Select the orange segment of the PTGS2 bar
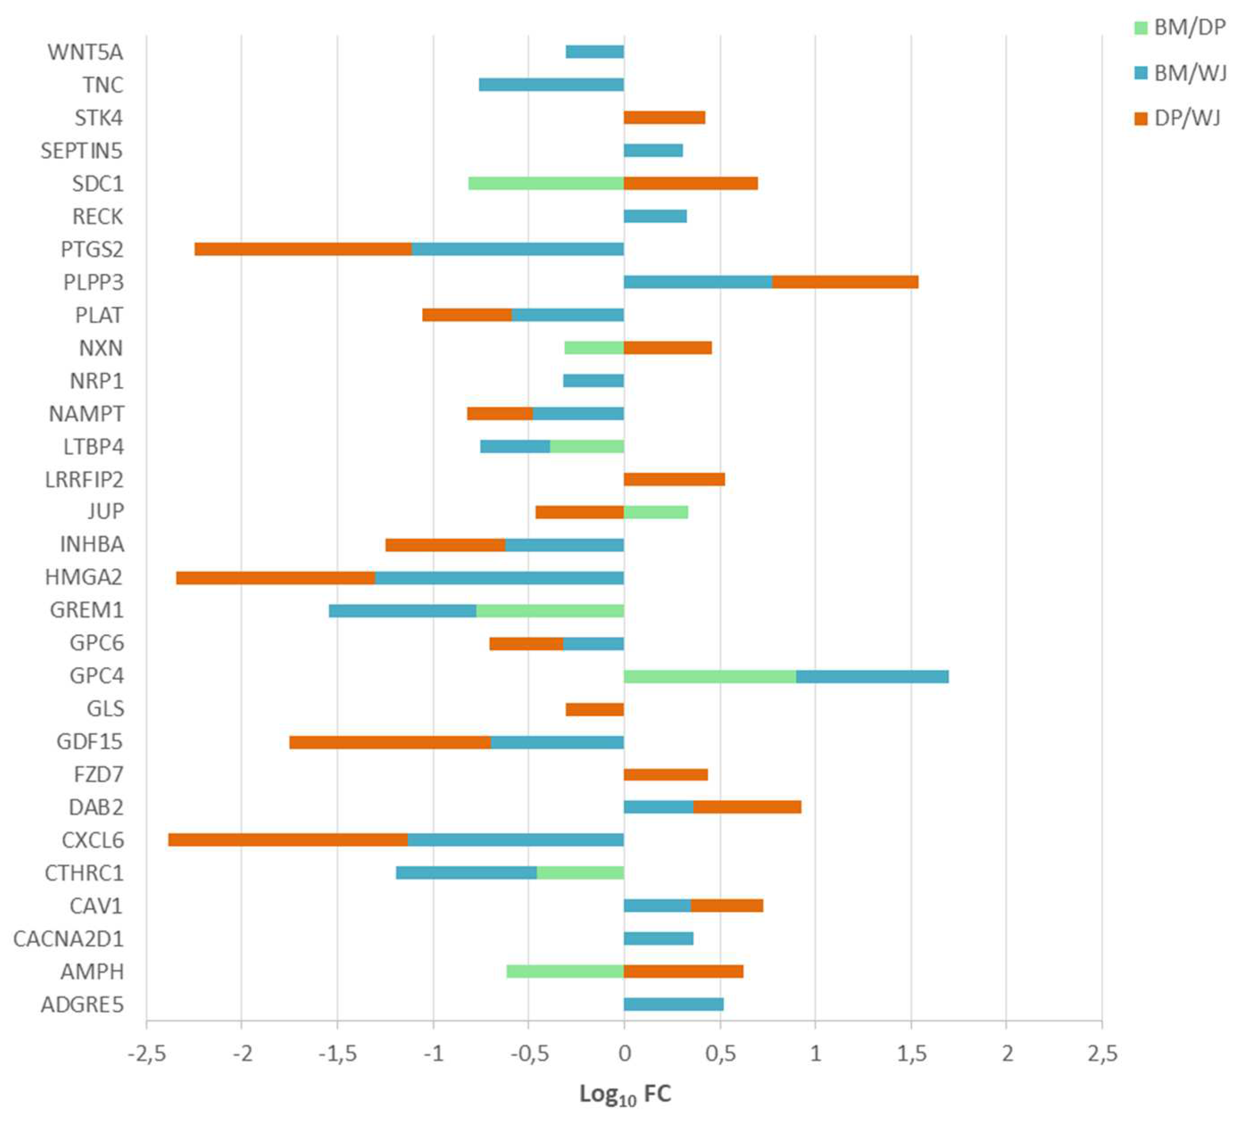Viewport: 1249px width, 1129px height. (303, 249)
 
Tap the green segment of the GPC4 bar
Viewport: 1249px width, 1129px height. (710, 676)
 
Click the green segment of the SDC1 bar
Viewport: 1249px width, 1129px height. (546, 183)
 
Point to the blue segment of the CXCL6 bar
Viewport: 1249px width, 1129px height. (515, 840)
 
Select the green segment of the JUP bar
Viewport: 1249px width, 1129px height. (656, 512)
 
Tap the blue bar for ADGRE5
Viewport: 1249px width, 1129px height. (673, 1004)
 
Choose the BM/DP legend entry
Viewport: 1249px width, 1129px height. (1180, 28)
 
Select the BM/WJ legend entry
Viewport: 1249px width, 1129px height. (1180, 73)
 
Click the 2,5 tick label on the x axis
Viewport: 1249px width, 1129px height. (1102, 1053)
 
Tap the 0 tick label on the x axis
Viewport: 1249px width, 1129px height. (625, 1053)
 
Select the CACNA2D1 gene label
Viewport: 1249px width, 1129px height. (68, 939)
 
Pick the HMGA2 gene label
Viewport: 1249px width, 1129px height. (83, 577)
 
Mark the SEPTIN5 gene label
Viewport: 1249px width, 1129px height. (81, 150)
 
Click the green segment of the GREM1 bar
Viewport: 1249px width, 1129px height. (550, 611)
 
